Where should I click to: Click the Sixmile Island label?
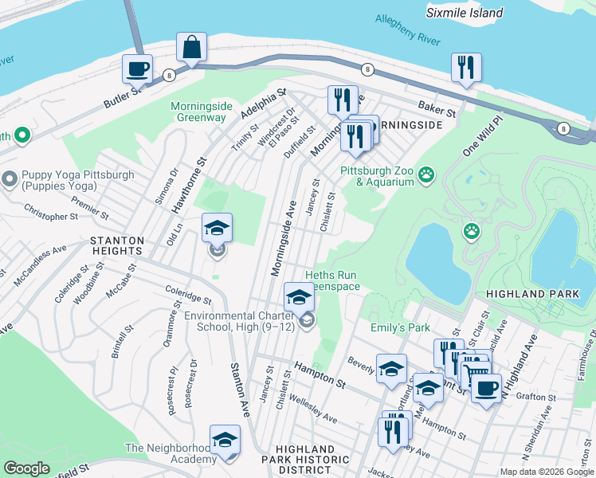[464, 13]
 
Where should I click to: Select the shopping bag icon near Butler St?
[192, 47]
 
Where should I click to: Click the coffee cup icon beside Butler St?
[137, 69]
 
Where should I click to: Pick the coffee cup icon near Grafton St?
[486, 389]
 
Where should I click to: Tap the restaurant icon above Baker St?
[466, 67]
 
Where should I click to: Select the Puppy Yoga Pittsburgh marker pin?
[10, 177]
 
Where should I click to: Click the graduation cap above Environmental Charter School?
[299, 298]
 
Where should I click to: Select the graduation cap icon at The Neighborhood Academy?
[225, 440]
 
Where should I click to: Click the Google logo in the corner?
[27, 468]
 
